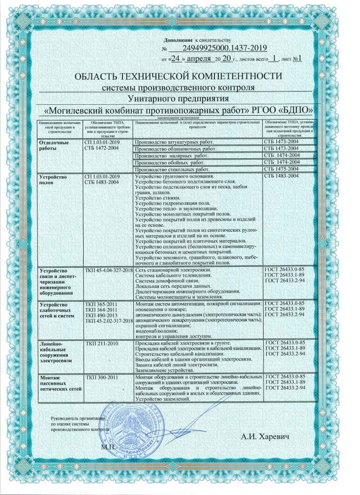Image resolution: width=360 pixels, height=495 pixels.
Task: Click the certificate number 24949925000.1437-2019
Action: (224, 47)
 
